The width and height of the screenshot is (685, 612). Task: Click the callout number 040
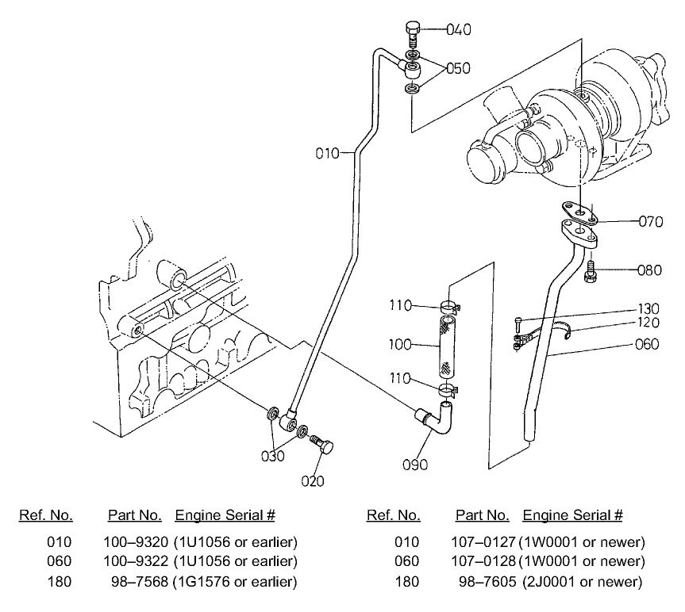pos(458,30)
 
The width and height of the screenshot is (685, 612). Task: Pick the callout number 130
pos(649,309)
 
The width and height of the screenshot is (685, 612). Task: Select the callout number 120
pos(649,323)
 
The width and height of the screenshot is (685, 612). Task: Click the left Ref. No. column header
pos(46,515)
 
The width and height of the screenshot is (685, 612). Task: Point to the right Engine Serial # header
pos(572,515)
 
